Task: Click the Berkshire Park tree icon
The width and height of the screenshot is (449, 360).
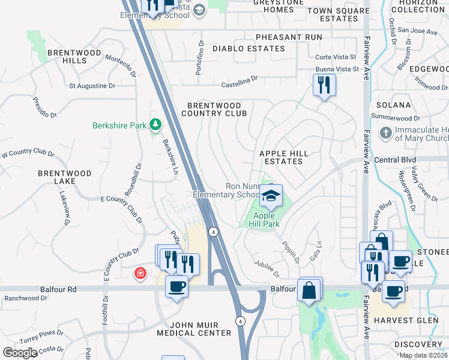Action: point(156,125)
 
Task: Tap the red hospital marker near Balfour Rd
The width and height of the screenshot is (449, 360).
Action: point(140,274)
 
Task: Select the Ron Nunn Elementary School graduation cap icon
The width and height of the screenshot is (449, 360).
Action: point(271,196)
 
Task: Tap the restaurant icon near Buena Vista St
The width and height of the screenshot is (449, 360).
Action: point(324,85)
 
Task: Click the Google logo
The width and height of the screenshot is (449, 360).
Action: point(20,353)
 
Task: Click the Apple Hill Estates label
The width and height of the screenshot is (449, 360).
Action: point(284,157)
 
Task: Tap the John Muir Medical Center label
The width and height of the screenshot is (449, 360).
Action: point(194,328)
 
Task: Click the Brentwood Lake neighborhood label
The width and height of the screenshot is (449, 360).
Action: point(65,177)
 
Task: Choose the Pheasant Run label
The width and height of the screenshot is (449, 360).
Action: point(288,37)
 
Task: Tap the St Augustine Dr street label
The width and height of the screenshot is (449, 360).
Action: point(92,86)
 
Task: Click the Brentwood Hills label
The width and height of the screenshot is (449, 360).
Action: point(67,56)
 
